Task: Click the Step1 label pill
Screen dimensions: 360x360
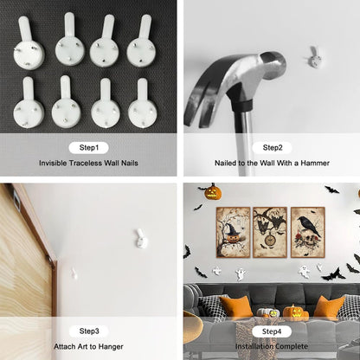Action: pos(89,148)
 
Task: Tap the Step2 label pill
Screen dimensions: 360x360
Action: pos(272,148)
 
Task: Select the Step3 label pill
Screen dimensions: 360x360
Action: pos(89,331)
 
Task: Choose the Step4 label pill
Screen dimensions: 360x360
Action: pos(272,331)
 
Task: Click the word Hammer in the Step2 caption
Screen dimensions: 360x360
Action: pos(315,163)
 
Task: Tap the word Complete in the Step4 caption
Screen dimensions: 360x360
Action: pos(292,346)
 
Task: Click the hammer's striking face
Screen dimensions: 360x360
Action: pos(275,64)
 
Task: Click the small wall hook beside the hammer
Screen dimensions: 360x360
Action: pos(314,57)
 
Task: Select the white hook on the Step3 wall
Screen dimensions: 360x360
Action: pos(141,239)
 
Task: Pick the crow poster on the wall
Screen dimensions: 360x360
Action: pos(308,232)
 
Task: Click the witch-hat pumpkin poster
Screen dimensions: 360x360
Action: pos(233,232)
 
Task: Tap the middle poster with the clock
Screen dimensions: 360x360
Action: pos(270,232)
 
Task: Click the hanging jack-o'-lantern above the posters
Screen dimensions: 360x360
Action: pos(214,192)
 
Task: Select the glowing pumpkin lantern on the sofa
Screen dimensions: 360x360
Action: pos(292,312)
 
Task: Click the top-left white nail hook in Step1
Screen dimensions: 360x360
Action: pos(29,43)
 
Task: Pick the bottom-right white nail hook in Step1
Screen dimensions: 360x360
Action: pos(143,103)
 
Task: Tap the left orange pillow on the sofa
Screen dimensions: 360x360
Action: pos(236,308)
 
